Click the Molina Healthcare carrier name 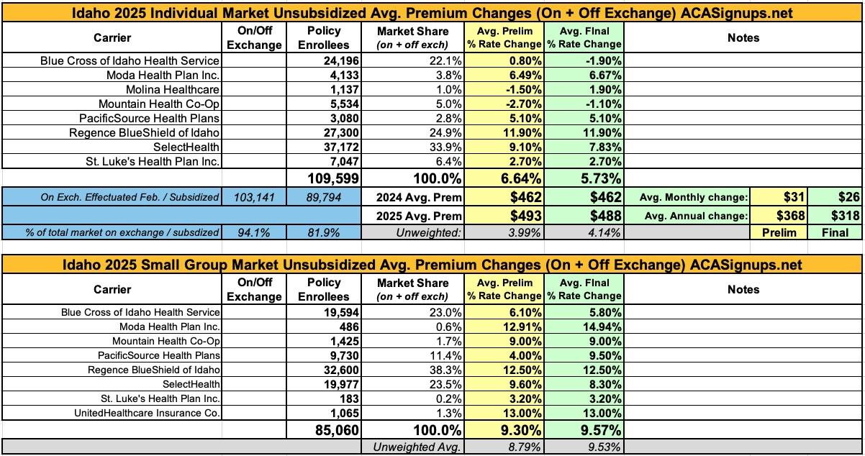pyautogui.click(x=178, y=89)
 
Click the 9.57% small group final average pyautogui.click(x=583, y=431)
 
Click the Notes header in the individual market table pyautogui.click(x=743, y=38)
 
